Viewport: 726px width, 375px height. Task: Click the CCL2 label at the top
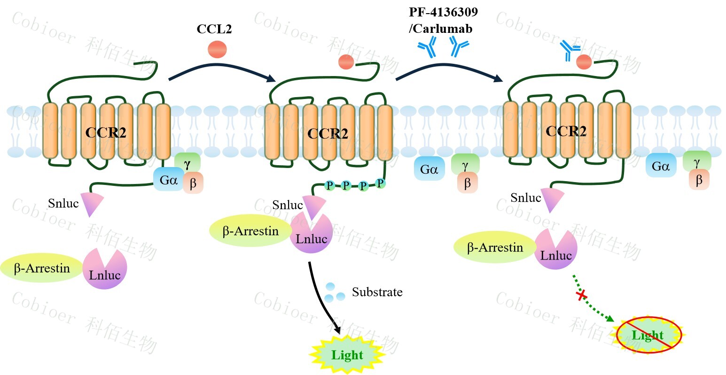214,29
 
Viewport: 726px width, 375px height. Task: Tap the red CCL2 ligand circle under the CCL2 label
217,49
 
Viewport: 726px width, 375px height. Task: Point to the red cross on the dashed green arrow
582,295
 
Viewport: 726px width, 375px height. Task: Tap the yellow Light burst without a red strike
347,355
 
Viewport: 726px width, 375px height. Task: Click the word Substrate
377,292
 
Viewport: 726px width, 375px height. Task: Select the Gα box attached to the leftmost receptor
168,179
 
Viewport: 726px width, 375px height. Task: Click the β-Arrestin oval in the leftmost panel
42,268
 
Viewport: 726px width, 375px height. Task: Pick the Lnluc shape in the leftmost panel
105,270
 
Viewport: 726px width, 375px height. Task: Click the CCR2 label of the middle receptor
328,134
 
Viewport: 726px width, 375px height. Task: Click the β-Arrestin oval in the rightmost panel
495,247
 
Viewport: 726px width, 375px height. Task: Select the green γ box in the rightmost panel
696,162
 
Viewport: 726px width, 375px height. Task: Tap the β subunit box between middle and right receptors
467,183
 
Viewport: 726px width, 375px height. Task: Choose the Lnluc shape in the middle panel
312,234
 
